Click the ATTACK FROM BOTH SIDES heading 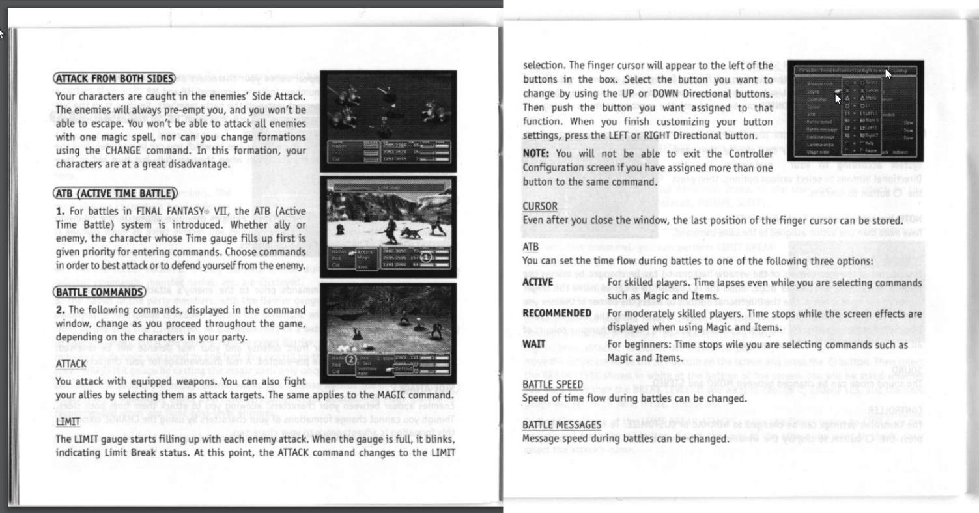[x=114, y=79]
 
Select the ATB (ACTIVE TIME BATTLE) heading [x=115, y=193]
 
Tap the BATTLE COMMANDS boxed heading [x=99, y=292]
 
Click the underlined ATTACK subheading [x=71, y=363]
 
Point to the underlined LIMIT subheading [x=67, y=422]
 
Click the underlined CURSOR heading [x=540, y=206]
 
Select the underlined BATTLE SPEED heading [x=552, y=385]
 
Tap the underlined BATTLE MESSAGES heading [x=561, y=425]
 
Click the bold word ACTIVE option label [x=537, y=283]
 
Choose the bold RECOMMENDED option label [x=557, y=313]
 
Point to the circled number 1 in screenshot [x=425, y=257]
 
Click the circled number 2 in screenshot [x=350, y=359]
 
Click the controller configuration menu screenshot [x=855, y=110]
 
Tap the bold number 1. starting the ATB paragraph [x=60, y=211]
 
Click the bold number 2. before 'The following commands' [x=60, y=310]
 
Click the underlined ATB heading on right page [x=530, y=247]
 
